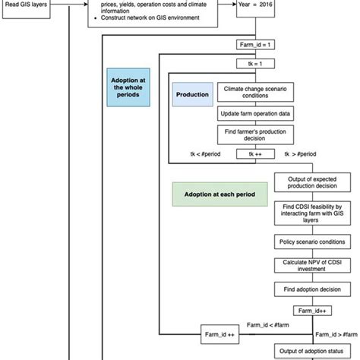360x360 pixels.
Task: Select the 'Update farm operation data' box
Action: click(254, 114)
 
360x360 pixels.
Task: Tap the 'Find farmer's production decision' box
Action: click(254, 134)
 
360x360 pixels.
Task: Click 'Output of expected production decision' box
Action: click(311, 183)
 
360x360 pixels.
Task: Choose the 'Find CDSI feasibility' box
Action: click(311, 213)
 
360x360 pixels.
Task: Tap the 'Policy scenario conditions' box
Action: click(311, 242)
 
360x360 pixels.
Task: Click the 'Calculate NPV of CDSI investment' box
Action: click(311, 266)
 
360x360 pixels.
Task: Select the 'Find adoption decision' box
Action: click(311, 291)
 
